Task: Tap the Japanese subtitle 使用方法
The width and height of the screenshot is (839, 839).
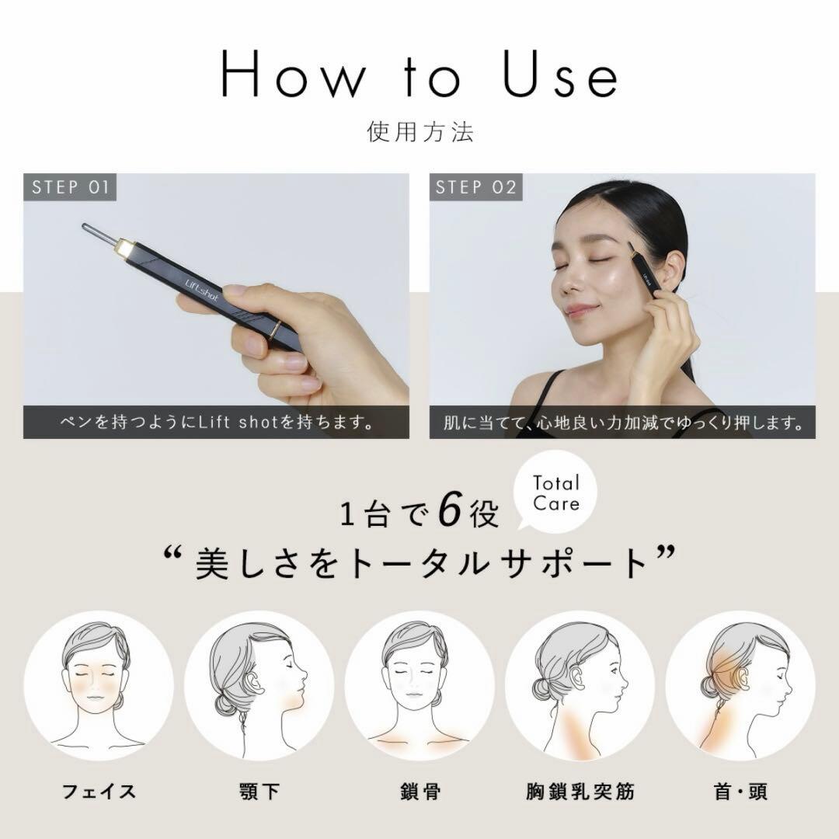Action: point(419,131)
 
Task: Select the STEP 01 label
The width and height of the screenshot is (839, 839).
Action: point(70,187)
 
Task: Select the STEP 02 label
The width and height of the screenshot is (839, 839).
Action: point(476,187)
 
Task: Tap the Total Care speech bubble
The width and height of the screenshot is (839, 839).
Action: point(556,493)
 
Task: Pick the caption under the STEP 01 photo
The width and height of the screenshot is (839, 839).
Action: point(216,423)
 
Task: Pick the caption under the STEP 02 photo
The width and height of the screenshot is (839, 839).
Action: point(622,423)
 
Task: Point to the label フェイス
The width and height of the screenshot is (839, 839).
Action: point(99,792)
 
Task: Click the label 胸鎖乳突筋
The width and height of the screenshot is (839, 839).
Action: point(580,792)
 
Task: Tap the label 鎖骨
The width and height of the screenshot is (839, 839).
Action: point(419,792)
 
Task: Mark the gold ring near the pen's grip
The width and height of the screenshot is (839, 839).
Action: point(274,329)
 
